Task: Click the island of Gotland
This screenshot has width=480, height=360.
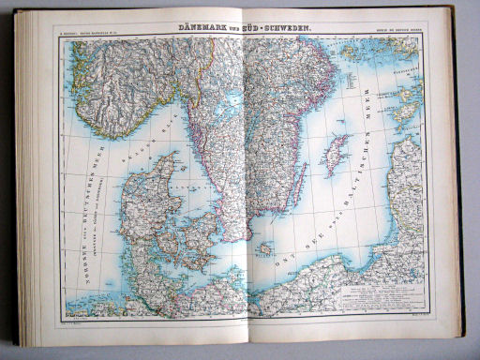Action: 335,154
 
